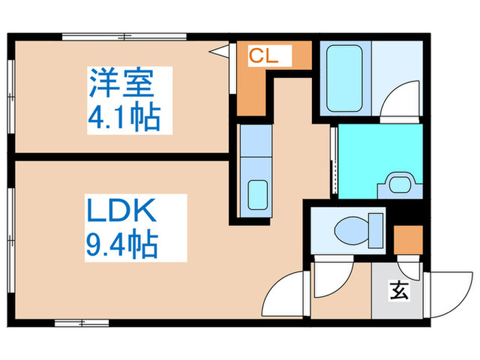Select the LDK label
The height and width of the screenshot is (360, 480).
pos(121,211)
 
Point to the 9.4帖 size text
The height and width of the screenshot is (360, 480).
pos(122,244)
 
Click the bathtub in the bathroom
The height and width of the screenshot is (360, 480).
pos(344,78)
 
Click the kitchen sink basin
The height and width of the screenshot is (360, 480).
pos(258,193)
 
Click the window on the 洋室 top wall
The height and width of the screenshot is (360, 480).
pos(123,36)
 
